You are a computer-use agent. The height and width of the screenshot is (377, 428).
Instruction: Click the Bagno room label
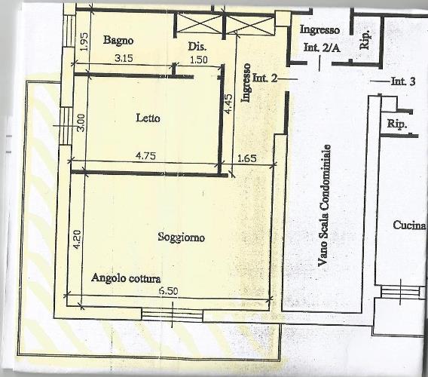pos(118,40)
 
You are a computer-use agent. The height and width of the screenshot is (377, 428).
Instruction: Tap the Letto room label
pos(148,118)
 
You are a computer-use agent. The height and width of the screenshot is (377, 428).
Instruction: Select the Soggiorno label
pos(182,237)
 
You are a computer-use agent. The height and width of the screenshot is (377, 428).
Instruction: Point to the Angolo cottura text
pos(126,278)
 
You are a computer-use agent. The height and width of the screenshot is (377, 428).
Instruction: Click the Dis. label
pos(197,47)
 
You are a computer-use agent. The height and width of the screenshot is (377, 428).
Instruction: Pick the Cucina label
pos(409,225)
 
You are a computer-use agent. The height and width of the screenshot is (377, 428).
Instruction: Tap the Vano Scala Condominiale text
pos(324,205)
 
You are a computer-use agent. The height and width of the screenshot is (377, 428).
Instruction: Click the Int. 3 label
pos(403,81)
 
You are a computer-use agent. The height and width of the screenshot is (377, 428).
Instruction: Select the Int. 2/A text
pos(322,48)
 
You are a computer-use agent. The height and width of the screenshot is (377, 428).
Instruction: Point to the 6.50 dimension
pos(169,291)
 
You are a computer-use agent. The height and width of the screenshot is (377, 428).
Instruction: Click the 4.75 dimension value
pos(146,156)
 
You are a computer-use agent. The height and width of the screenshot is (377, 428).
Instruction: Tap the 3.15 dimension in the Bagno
pos(124,58)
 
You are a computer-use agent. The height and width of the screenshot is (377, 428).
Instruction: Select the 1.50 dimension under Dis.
pos(198,60)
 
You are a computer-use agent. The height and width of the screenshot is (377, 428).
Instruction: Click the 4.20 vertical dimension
pos(77,240)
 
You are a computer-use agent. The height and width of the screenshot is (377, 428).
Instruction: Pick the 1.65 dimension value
pos(247,158)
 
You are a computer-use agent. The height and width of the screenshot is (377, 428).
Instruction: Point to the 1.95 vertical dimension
pos(84,41)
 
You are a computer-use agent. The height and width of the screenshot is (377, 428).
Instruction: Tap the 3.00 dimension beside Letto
pos(81,123)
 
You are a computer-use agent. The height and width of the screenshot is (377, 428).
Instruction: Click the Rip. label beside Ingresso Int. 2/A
pos(365,40)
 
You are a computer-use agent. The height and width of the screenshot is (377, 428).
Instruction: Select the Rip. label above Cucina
pos(397,124)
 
